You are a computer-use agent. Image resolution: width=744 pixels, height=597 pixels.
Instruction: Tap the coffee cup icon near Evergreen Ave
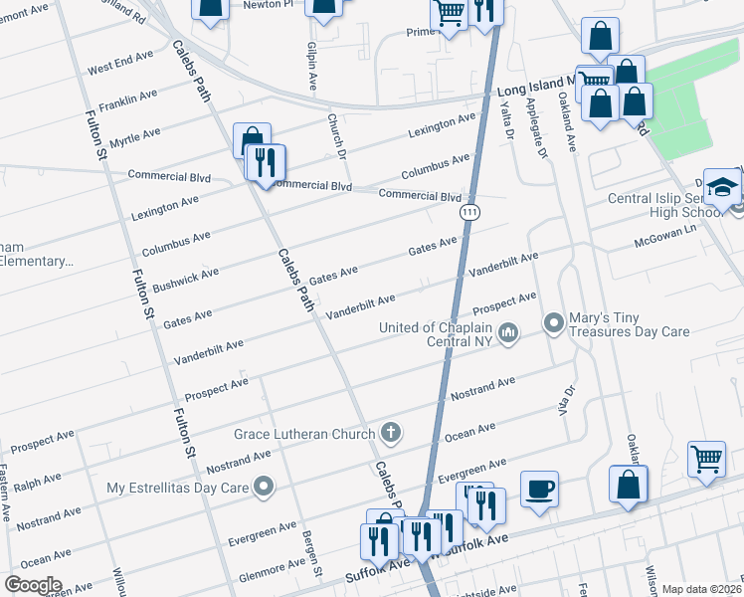(539, 489)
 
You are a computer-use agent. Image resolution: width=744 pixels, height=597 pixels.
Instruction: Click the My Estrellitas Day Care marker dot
(264, 487)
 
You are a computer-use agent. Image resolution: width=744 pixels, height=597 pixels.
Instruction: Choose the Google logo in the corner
(33, 585)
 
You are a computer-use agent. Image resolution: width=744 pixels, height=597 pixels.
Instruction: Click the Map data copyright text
(702, 589)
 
